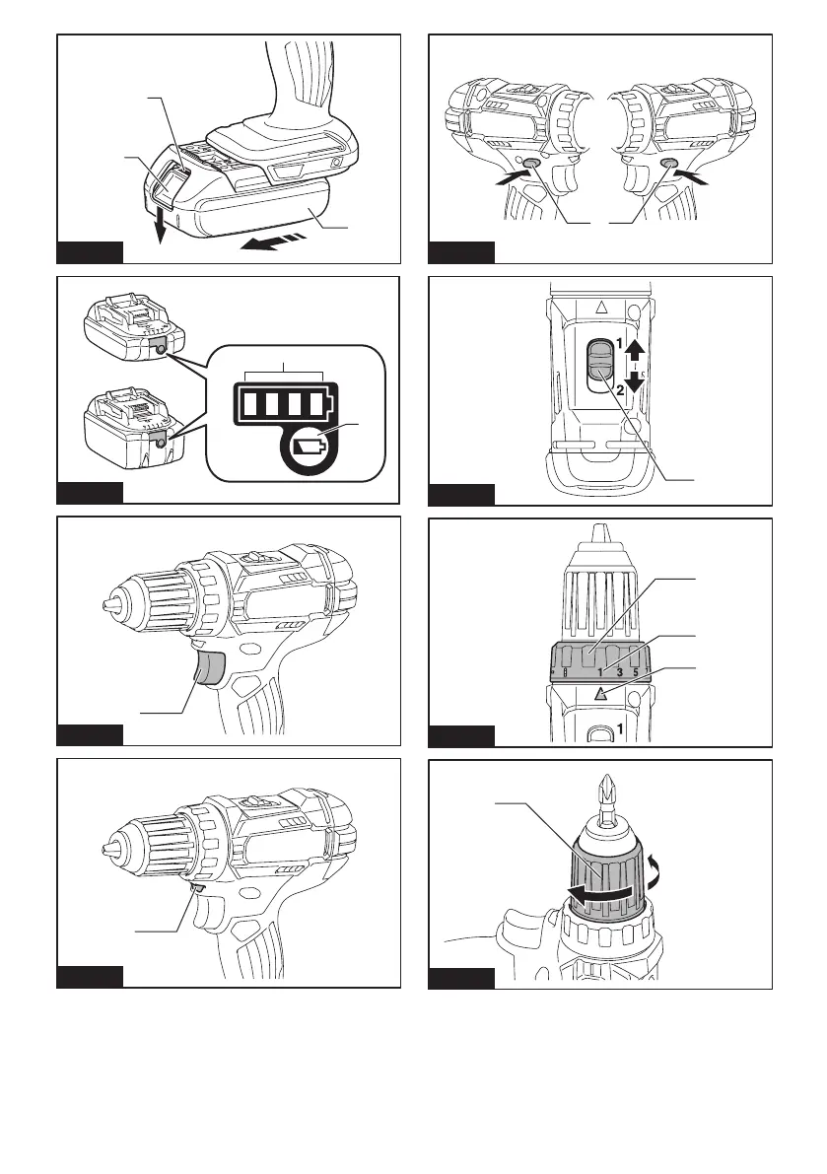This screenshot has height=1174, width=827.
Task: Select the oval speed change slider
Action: tap(599, 368)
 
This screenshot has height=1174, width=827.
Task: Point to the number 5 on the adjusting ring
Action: tap(637, 672)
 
